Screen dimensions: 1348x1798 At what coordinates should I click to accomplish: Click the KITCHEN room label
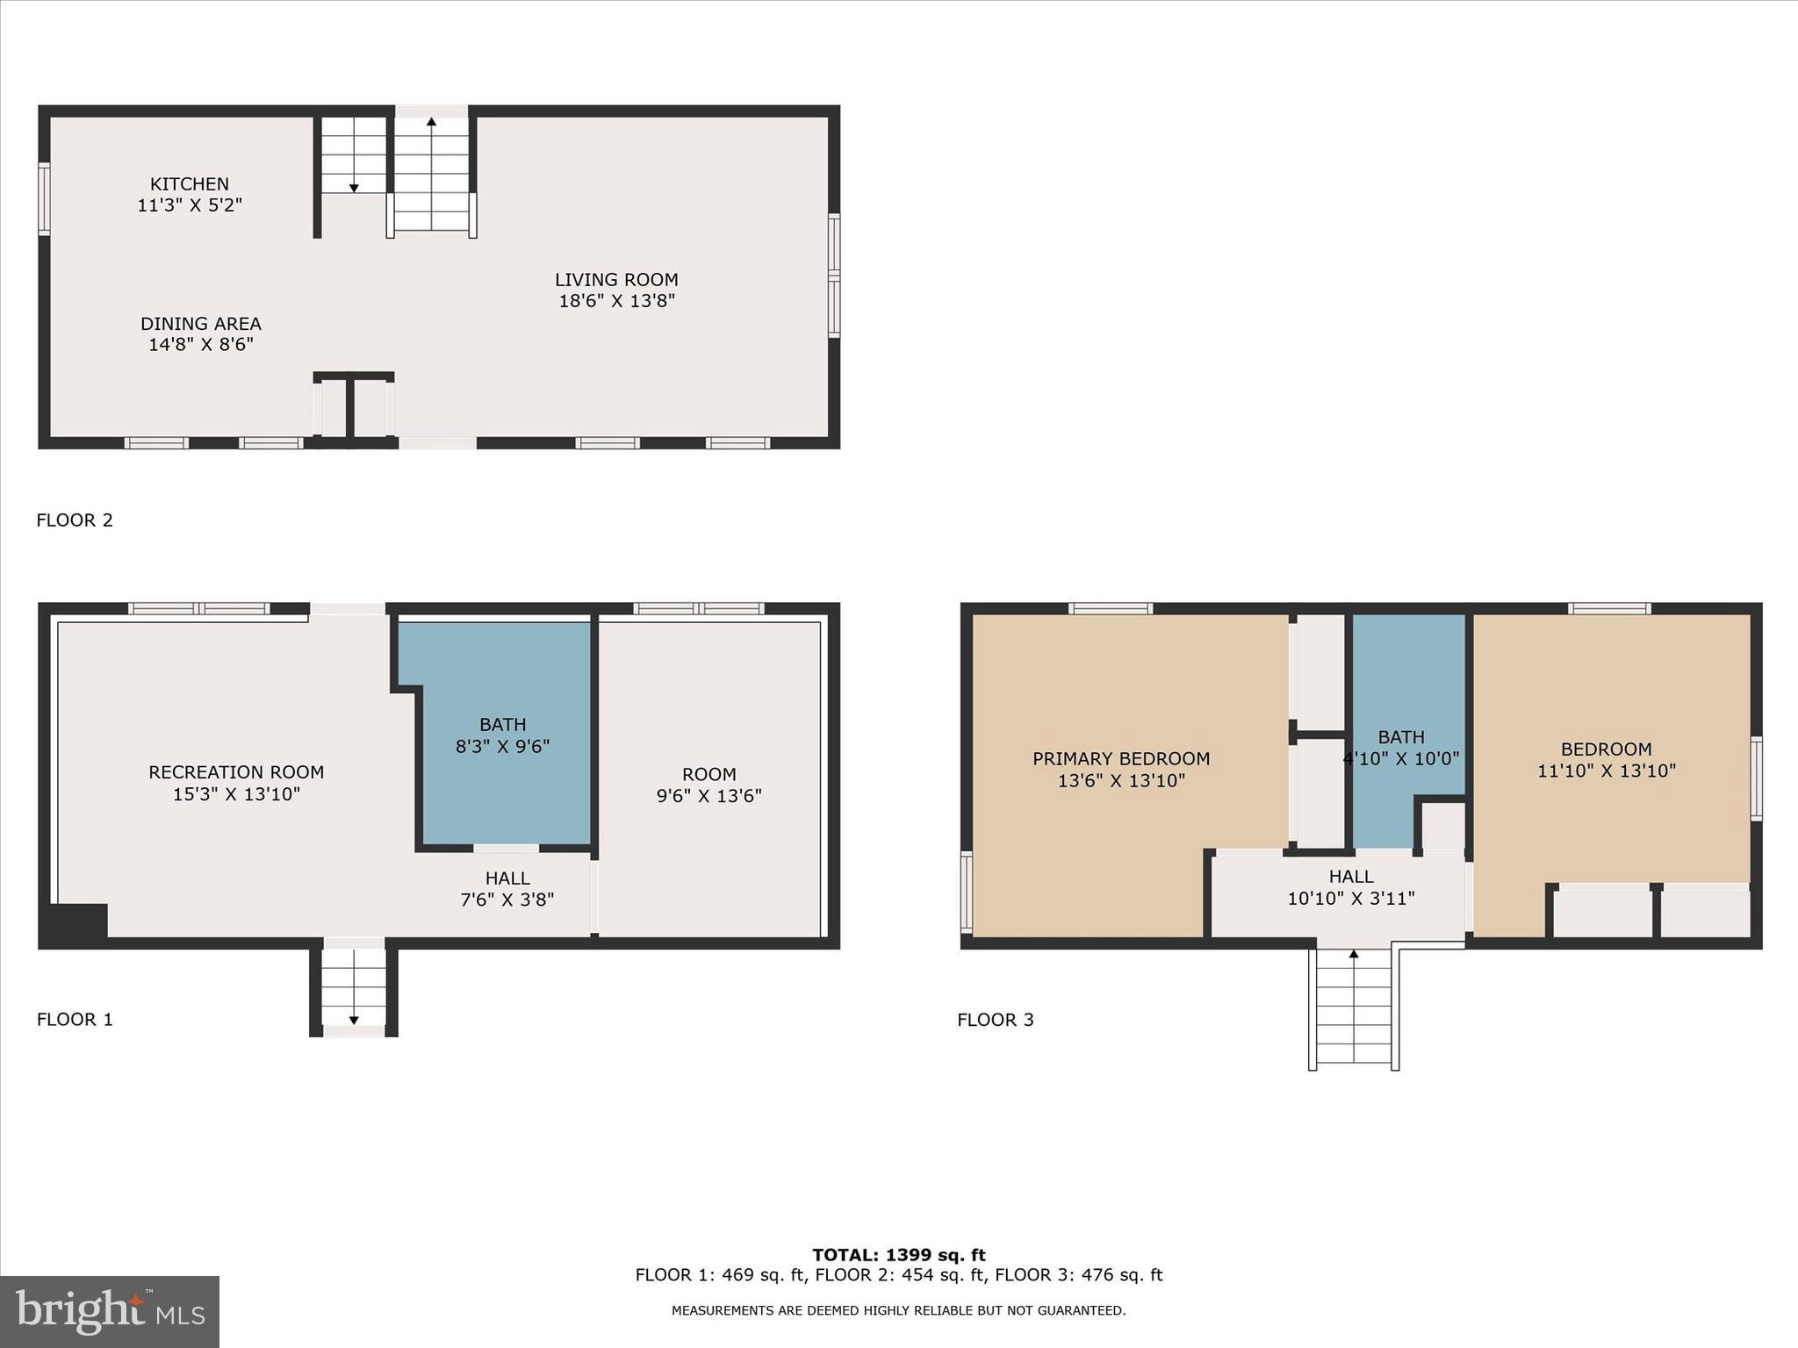tap(189, 184)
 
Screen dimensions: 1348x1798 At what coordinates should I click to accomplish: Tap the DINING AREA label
tap(200, 324)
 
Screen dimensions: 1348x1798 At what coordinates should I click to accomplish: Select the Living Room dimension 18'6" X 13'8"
tap(616, 301)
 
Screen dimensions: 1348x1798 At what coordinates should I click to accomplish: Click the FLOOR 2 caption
tap(75, 520)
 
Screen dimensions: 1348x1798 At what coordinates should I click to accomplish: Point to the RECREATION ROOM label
tap(236, 772)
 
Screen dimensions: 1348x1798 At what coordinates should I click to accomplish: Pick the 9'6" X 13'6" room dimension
tap(708, 796)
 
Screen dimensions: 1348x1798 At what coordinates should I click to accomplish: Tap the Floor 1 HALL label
tap(507, 878)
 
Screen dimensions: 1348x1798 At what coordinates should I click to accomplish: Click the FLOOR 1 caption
tap(75, 1020)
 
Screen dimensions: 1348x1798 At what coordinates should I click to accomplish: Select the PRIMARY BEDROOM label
tap(1121, 759)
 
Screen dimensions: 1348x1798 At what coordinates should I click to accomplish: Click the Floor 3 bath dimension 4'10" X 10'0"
tap(1401, 759)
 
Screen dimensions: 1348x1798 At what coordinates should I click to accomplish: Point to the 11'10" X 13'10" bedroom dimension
tap(1606, 771)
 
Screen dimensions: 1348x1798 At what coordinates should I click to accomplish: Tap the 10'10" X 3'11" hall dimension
tap(1351, 899)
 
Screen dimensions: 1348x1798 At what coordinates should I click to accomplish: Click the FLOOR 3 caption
tap(996, 1020)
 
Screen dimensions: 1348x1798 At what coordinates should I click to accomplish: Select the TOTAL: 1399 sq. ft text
tap(898, 1255)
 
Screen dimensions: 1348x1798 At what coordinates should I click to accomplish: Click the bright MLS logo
tap(110, 1312)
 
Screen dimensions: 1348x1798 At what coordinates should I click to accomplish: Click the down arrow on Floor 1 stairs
tap(354, 1019)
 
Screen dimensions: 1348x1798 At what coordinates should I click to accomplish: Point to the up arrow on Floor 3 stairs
tap(1353, 954)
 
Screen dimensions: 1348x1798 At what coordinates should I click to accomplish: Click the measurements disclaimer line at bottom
tap(898, 1311)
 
